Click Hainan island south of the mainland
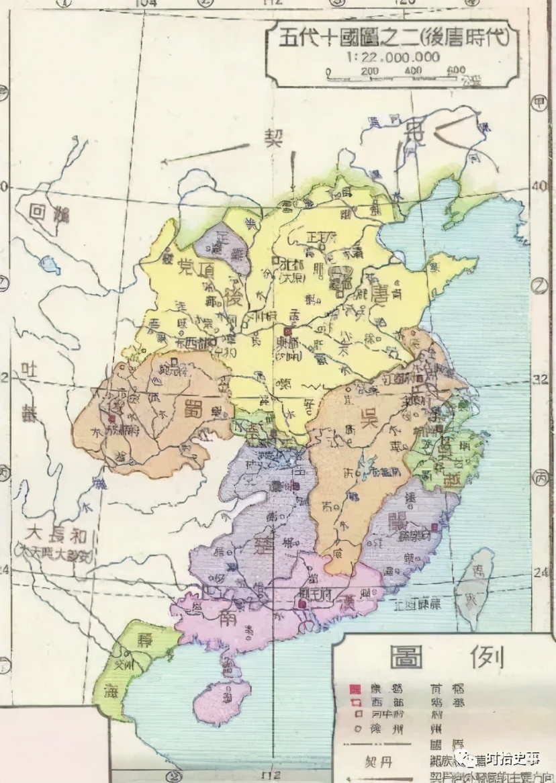pyautogui.click(x=220, y=700)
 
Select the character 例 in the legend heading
pyautogui.click(x=488, y=657)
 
